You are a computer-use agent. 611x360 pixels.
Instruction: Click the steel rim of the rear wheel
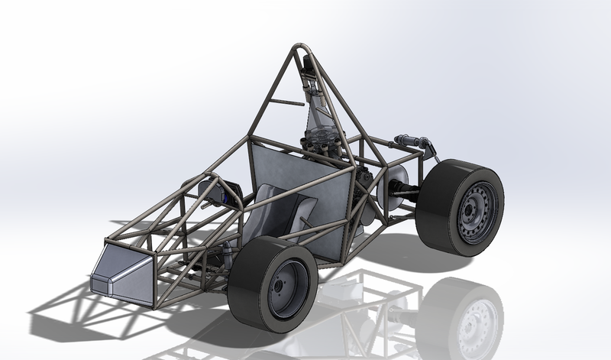point(475,210)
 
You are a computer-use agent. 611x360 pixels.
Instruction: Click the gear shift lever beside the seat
point(306,225)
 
